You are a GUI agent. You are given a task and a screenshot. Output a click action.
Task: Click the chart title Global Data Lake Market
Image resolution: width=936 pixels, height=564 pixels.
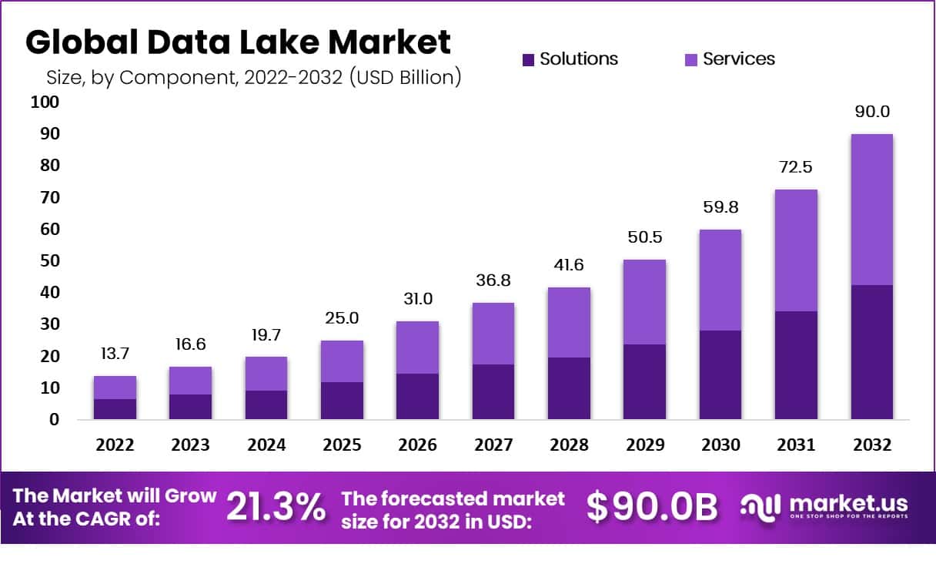[238, 43]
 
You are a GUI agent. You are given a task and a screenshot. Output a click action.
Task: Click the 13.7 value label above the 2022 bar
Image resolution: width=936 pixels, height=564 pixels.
[115, 354]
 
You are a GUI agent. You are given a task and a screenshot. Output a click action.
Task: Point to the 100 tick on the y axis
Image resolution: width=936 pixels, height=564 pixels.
[45, 102]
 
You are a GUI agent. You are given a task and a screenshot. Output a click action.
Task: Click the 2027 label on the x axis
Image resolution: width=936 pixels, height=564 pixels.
[493, 445]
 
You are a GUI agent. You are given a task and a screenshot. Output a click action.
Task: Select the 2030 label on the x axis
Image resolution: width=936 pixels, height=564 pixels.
[720, 445]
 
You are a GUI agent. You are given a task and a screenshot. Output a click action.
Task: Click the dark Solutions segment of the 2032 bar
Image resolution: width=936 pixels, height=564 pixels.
[871, 352]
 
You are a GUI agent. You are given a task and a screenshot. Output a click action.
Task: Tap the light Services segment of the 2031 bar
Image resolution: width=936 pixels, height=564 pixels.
[796, 250]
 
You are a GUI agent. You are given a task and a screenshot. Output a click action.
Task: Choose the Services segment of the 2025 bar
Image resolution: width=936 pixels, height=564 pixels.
[343, 361]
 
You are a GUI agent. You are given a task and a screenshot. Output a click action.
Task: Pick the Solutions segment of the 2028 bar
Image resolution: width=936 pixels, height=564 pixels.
[569, 388]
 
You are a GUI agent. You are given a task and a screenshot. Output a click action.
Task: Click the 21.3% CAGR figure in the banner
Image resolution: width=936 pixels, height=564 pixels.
[275, 508]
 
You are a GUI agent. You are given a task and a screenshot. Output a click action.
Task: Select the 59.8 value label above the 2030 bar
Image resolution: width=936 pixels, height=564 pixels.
[720, 207]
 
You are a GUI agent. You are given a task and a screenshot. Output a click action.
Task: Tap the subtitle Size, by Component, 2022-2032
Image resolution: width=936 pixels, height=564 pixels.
[253, 78]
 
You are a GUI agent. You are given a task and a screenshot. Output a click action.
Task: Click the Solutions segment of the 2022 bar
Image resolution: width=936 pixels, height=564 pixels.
[115, 409]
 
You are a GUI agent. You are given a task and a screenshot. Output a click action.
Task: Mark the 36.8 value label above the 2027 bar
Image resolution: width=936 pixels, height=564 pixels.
[493, 280]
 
